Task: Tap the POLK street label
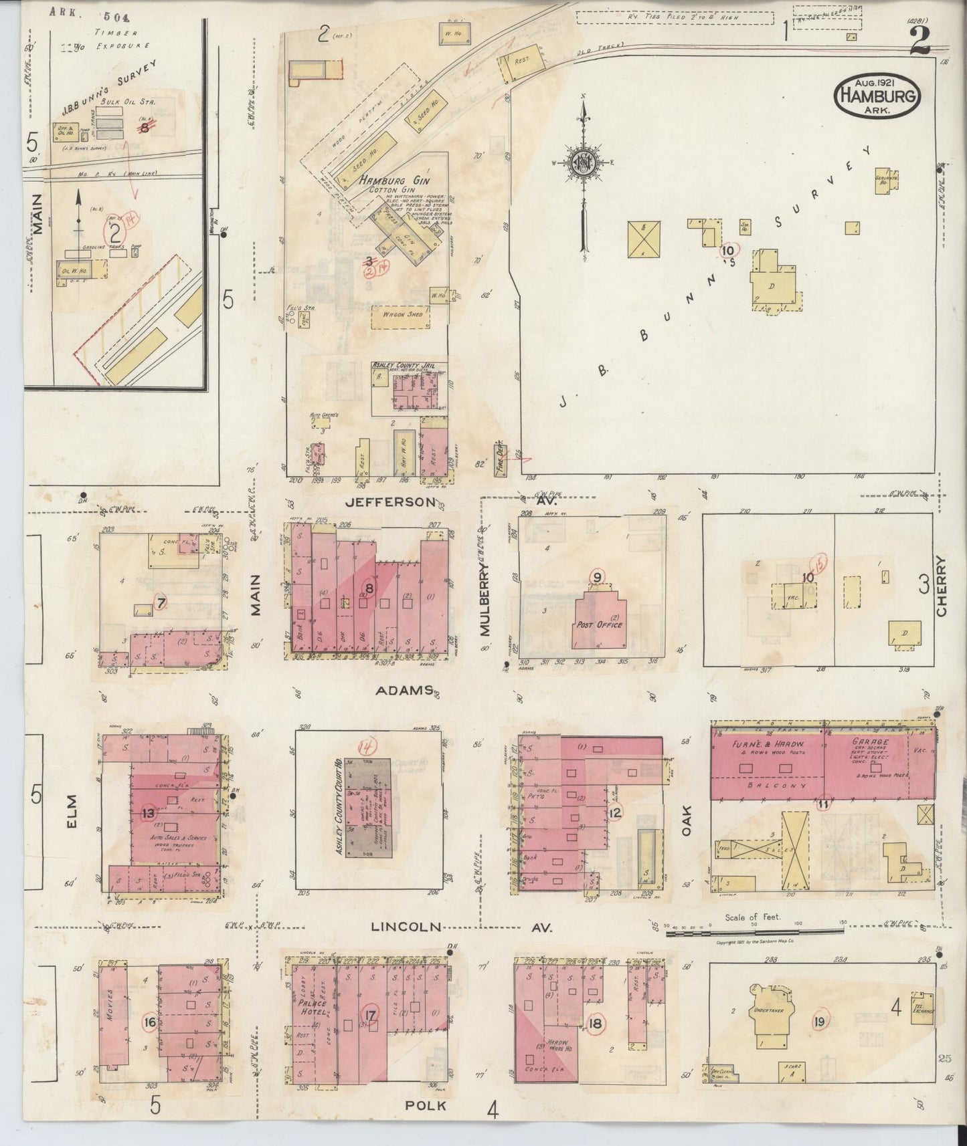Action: point(426,1106)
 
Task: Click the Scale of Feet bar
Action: point(753,931)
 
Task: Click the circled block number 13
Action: point(149,813)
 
